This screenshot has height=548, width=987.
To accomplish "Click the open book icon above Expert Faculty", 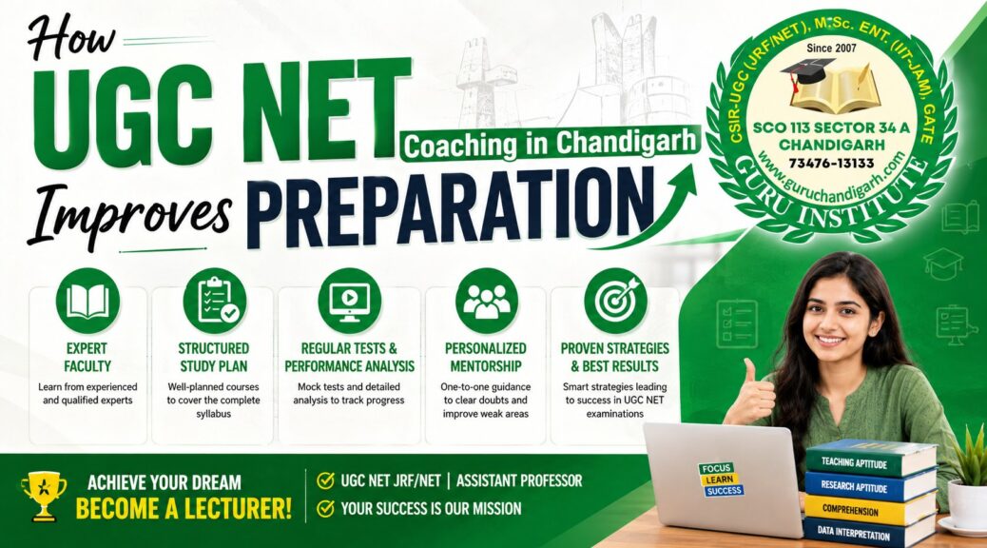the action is (87, 301).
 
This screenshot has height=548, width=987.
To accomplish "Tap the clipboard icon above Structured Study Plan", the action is (215, 301).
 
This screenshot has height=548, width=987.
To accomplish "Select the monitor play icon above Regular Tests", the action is (349, 301).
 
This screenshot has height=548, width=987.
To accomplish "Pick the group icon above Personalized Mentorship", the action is (487, 301).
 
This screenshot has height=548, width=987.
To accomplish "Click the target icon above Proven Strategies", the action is (615, 301).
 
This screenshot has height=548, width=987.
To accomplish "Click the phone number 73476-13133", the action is (831, 164).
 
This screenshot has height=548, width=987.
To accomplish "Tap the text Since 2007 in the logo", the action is (831, 48).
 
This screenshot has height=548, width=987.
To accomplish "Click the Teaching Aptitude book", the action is (870, 460).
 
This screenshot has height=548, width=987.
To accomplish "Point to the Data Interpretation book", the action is (868, 534).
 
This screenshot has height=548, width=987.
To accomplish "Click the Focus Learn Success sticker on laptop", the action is (720, 479).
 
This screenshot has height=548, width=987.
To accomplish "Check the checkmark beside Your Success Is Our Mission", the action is (325, 508).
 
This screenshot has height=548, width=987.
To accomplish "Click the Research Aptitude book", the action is (869, 485).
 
